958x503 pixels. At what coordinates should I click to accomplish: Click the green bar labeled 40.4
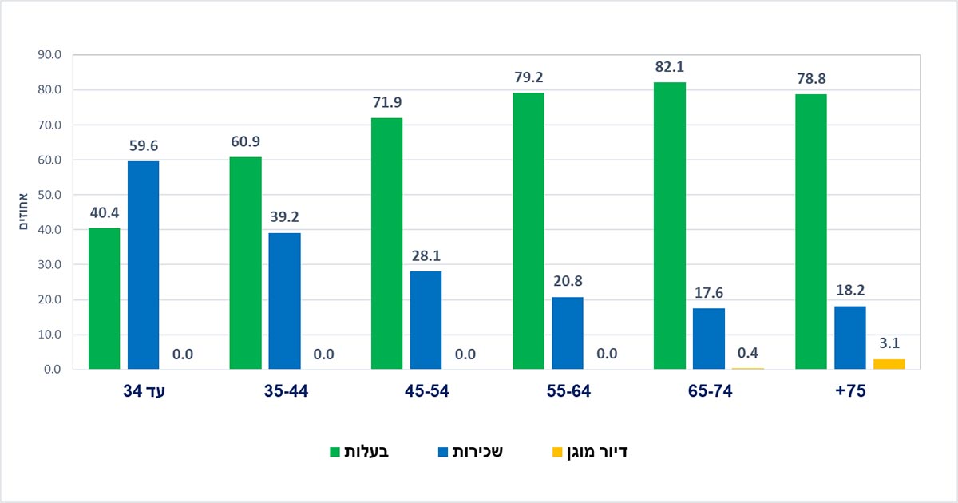tap(104, 299)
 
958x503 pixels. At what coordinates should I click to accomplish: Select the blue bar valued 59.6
tap(143, 265)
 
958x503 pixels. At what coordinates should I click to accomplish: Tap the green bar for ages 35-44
tap(245, 263)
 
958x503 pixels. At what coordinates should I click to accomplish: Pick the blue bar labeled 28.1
tap(426, 320)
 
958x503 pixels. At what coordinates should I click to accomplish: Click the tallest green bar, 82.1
tap(669, 226)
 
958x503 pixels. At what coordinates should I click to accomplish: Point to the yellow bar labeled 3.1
tap(889, 364)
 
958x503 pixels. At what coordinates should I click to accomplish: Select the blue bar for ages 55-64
tap(567, 333)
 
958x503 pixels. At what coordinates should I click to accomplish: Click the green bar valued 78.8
tap(810, 232)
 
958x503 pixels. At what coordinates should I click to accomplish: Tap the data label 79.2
tap(528, 78)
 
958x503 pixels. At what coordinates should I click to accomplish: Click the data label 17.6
tap(708, 293)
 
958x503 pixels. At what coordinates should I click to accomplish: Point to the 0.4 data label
tap(748, 354)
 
